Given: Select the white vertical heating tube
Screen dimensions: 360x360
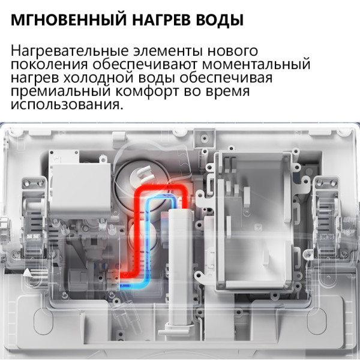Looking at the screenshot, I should (x=179, y=252).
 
